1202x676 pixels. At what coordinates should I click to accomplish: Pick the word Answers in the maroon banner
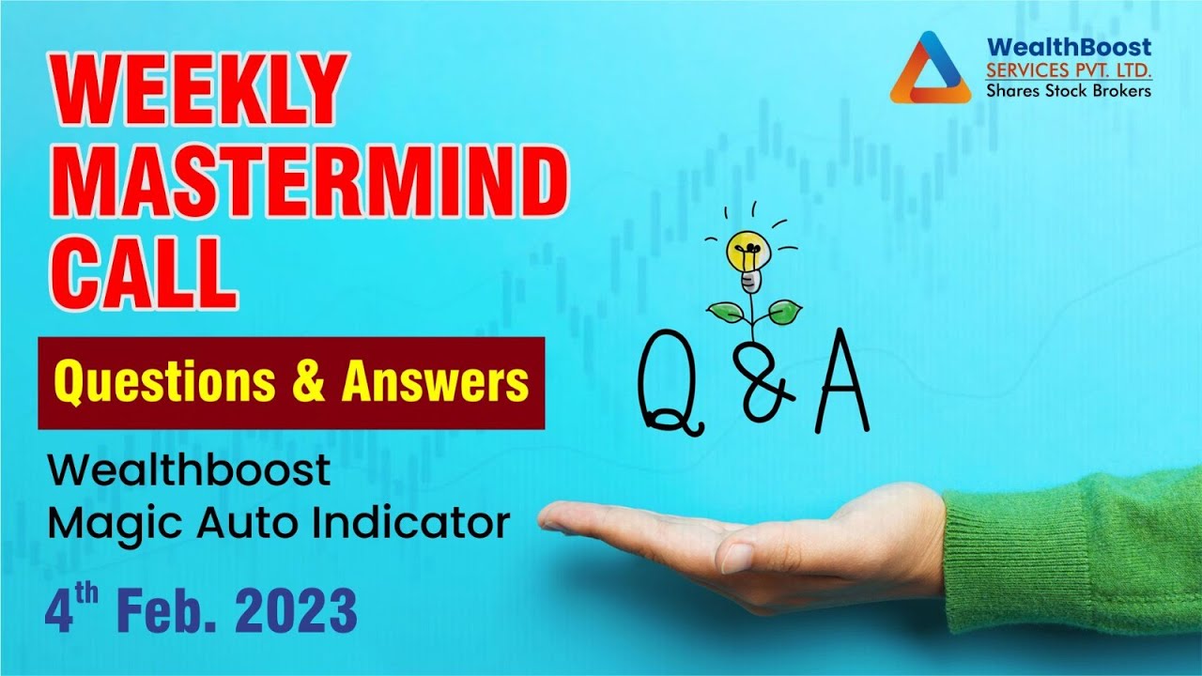(434, 383)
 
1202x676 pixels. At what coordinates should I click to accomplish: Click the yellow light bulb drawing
(749, 252)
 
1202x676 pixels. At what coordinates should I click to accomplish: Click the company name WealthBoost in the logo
(1069, 47)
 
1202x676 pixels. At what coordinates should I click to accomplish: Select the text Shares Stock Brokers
(1068, 90)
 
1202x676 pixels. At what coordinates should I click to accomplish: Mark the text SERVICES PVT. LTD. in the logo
(1069, 69)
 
